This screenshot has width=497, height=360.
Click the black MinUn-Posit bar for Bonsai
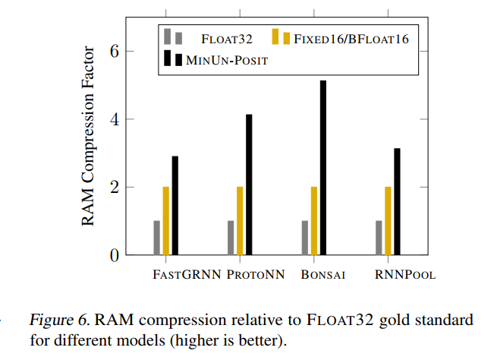[x=322, y=167]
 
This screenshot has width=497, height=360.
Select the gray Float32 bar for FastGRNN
[x=157, y=238]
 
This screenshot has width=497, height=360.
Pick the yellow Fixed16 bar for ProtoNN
[x=240, y=220]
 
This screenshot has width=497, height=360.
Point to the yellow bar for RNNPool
[x=388, y=220]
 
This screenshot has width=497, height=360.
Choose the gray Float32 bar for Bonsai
[x=305, y=238]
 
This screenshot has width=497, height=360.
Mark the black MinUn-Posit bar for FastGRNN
[x=175, y=205]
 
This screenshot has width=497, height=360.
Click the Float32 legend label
[x=227, y=38]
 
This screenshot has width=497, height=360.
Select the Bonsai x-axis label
[x=322, y=275]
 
